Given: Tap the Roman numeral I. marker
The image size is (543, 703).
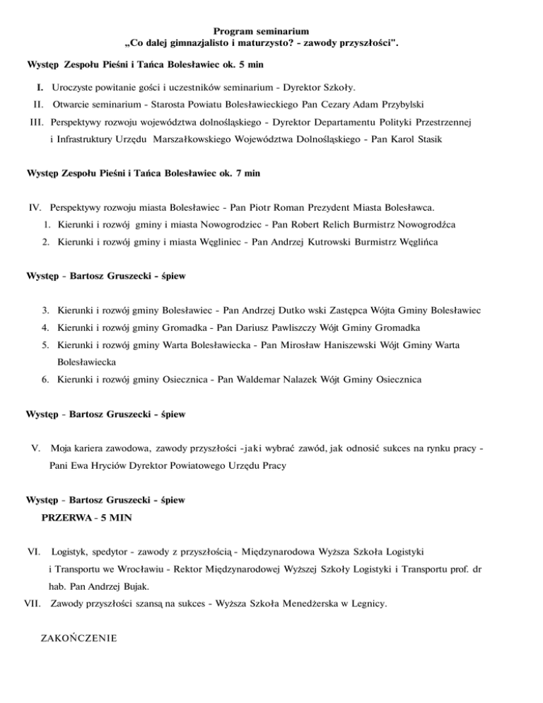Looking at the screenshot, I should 41,88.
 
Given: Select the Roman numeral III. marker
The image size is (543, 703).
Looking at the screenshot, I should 37,122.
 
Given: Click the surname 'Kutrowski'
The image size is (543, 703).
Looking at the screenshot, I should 319,243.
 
